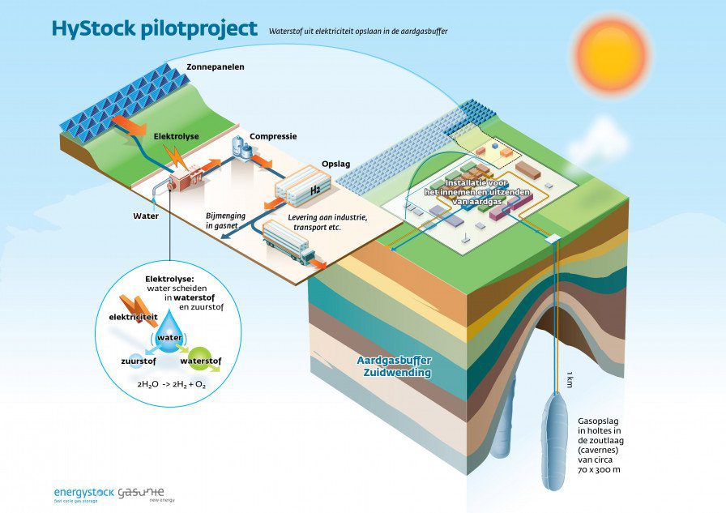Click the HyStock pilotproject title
point(154,28)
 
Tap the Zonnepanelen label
point(215,67)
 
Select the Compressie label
point(273,136)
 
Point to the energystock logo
point(83,492)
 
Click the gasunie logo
point(141,492)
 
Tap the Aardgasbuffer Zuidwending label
point(394,366)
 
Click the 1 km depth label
point(570,379)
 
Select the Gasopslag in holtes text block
point(599,445)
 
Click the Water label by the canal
point(146,216)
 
